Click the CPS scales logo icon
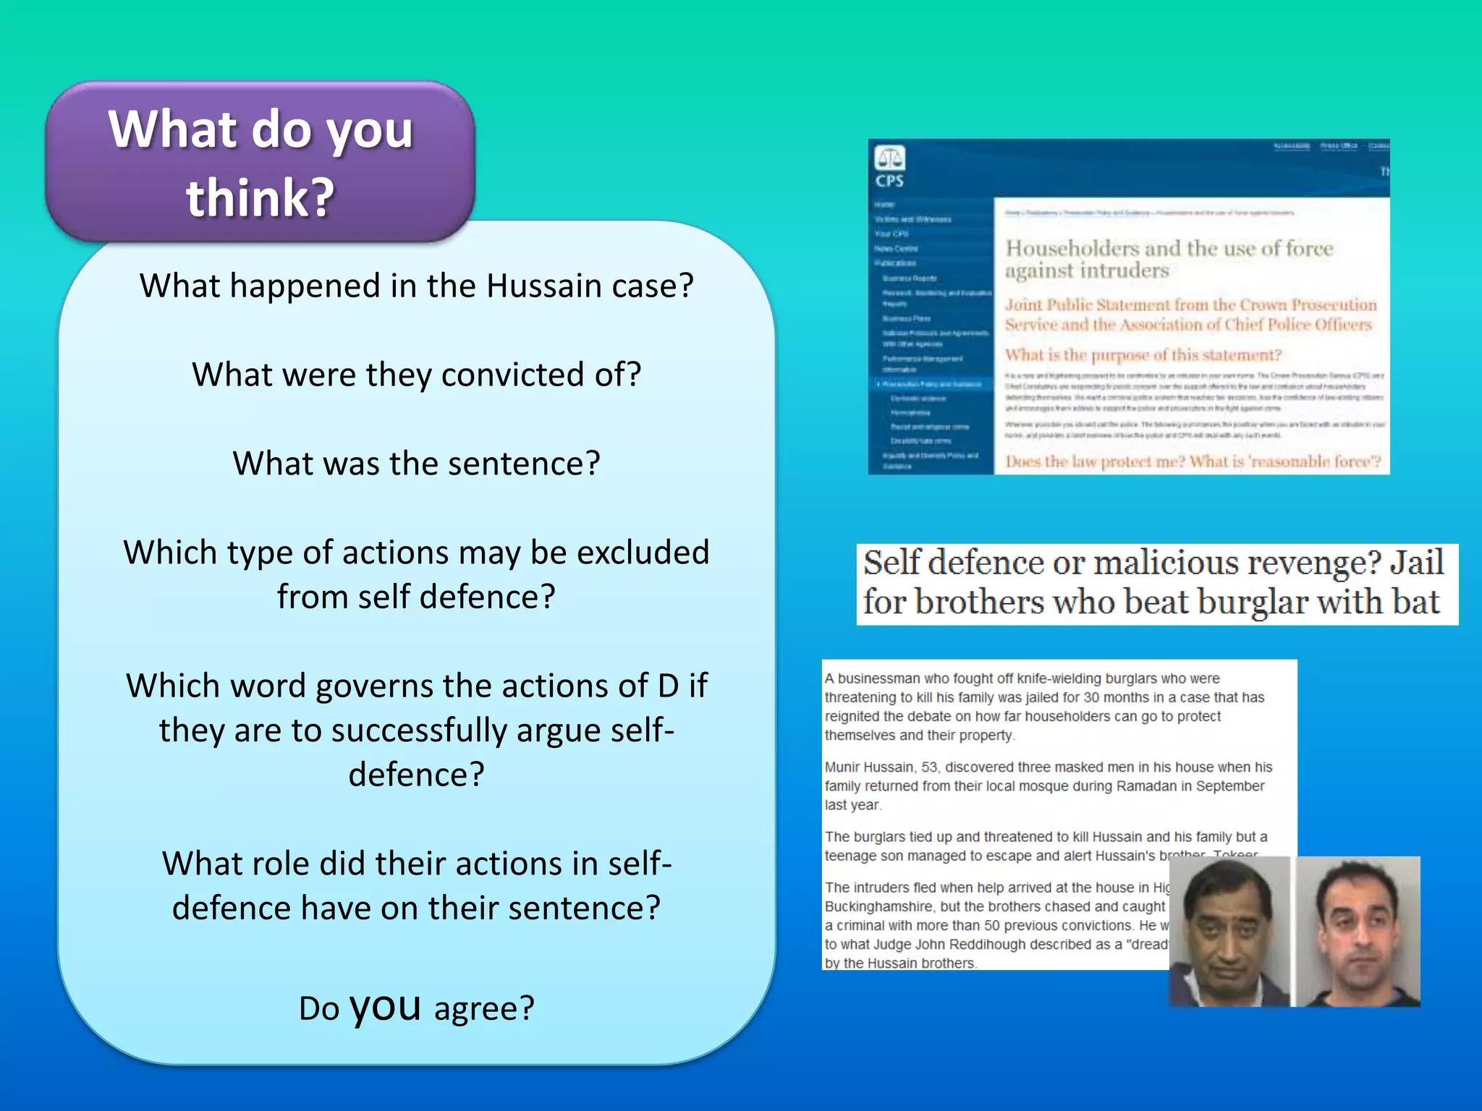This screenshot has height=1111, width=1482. [x=889, y=157]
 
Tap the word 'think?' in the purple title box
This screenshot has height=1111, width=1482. [x=261, y=197]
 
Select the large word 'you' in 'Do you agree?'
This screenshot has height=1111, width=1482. [x=385, y=1006]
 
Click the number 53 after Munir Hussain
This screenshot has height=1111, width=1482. [x=929, y=767]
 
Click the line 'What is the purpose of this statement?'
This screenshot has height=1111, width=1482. [x=1143, y=355]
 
